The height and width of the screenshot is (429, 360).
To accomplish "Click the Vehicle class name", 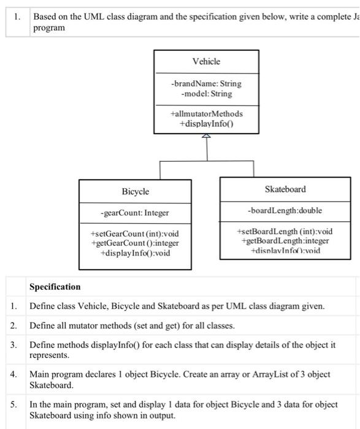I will point(206,61).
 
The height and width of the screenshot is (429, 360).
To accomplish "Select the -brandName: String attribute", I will point(206,83).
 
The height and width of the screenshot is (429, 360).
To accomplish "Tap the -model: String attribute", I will point(207,94).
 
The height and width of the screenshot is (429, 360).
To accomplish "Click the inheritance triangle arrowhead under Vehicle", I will point(207,137).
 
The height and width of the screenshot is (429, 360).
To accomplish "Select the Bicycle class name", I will point(135,192).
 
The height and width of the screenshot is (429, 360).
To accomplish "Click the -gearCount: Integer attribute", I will point(134,213).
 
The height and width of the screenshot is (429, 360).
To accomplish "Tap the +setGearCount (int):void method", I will point(134,233).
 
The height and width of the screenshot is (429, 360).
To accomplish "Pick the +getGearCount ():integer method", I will point(134,243).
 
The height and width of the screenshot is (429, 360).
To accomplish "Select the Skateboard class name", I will point(285,189).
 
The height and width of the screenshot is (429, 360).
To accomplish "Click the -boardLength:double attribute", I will point(285,210).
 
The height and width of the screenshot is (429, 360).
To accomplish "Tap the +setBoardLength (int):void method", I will point(285,231).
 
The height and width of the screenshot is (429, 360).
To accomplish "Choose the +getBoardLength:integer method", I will point(285,241).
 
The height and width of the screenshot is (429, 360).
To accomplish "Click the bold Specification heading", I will point(55,287).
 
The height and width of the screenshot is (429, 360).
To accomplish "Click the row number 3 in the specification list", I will point(13,344).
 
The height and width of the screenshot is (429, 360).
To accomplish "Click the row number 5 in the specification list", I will point(13,404).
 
